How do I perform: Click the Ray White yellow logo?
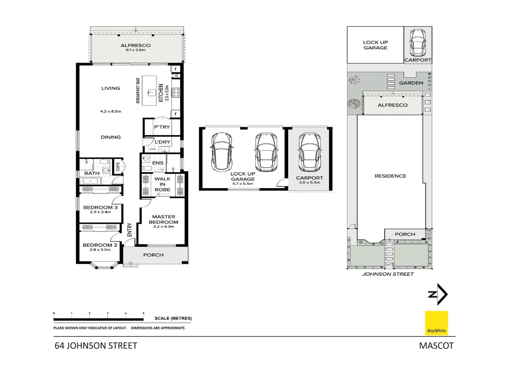pyautogui.click(x=436, y=323)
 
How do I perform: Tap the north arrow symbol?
pyautogui.click(x=438, y=294)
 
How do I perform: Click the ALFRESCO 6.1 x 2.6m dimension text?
pyautogui.click(x=135, y=50)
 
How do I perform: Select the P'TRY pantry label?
pyautogui.click(x=162, y=127)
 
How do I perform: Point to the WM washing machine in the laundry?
pyautogui.click(x=152, y=149)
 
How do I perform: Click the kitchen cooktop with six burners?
pyautogui.click(x=176, y=93)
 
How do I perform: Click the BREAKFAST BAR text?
pyautogui.click(x=138, y=91)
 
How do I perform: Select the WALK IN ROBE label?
pyautogui.click(x=162, y=184)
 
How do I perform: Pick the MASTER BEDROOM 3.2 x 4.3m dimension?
pyautogui.click(x=163, y=227)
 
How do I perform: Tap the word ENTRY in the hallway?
pyautogui.click(x=130, y=230)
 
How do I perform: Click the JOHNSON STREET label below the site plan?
pyautogui.click(x=388, y=274)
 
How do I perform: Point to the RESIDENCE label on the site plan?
pyautogui.click(x=390, y=176)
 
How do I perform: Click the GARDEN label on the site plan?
pyautogui.click(x=411, y=83)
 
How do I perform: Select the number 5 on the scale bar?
pyautogui.click(x=144, y=313)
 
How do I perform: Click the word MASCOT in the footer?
pyautogui.click(x=436, y=346)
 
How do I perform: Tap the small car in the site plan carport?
pyautogui.click(x=418, y=42)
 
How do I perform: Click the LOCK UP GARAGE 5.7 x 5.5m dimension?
pyautogui.click(x=243, y=184)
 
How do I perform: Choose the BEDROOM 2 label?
pyautogui.click(x=100, y=245)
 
